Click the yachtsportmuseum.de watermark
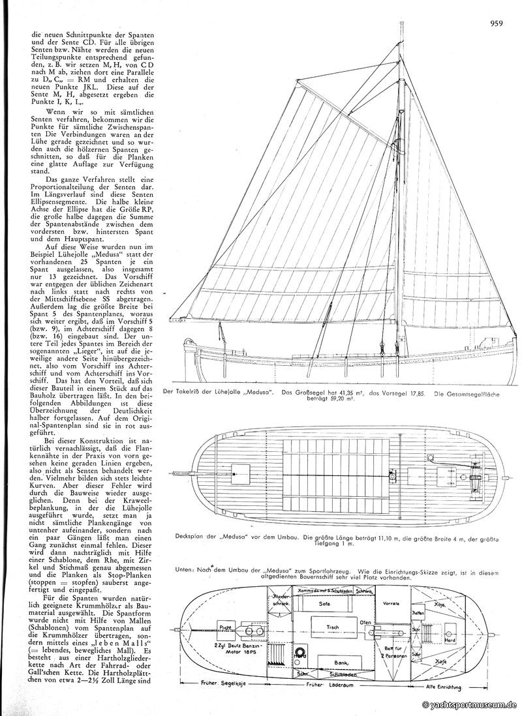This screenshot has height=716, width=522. (x=471, y=705)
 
